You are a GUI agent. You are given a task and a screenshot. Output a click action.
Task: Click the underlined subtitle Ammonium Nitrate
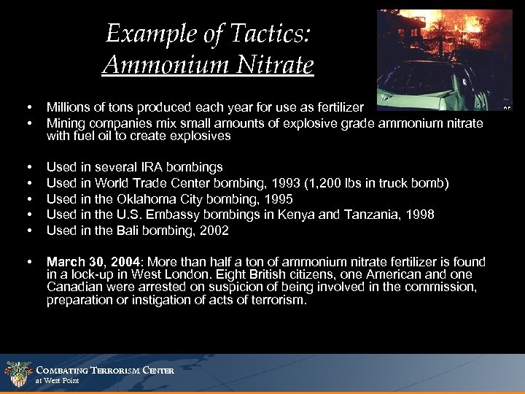(208, 65)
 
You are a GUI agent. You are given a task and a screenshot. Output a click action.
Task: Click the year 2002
(214, 230)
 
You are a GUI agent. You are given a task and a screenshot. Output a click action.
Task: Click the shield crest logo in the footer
(17, 374)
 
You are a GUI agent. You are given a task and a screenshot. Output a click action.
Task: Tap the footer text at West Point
(58, 381)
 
